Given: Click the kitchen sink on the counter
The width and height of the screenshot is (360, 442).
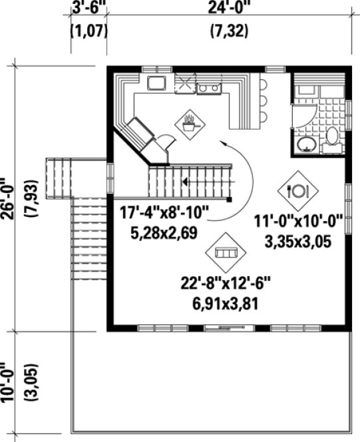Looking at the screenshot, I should [157, 83].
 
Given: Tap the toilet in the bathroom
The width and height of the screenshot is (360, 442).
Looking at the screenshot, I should [332, 138].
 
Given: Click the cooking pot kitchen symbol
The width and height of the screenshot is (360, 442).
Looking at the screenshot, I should [190, 122].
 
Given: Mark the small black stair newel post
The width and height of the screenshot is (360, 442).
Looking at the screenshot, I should [228, 198].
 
